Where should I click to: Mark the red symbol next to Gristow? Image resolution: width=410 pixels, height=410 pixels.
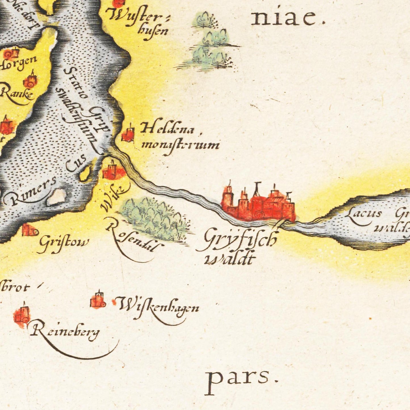(30, 230)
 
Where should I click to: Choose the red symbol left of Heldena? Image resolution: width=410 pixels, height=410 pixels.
(128, 134)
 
